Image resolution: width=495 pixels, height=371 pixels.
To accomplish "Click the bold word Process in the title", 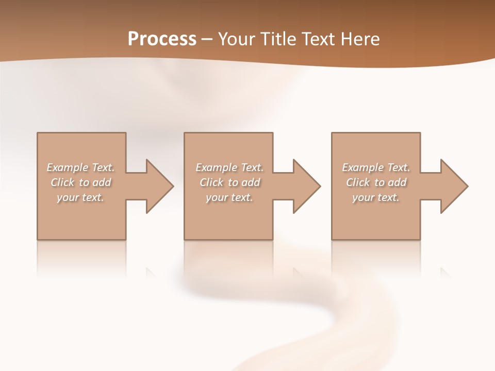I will click(162, 39).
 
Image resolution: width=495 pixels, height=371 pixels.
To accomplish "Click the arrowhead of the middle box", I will click(306, 186).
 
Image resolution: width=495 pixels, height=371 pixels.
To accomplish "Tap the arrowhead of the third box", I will click(453, 186).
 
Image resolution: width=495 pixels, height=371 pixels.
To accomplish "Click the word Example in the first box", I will click(67, 167).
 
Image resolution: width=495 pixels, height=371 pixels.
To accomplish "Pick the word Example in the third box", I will click(362, 167).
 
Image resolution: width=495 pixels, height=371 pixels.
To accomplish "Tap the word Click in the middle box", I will click(211, 182).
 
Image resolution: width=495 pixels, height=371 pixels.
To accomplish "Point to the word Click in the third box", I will click(358, 182).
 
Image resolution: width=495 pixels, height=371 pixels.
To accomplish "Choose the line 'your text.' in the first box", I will click(80, 197).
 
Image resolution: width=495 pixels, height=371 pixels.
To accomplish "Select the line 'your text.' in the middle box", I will click(229, 197).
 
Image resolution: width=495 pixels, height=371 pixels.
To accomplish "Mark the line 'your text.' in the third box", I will click(376, 197).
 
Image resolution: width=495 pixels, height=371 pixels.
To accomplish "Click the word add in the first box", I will click(102, 182).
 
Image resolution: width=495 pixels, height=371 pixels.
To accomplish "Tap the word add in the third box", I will click(398, 182).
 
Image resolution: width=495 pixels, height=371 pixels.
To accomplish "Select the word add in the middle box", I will click(251, 182).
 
